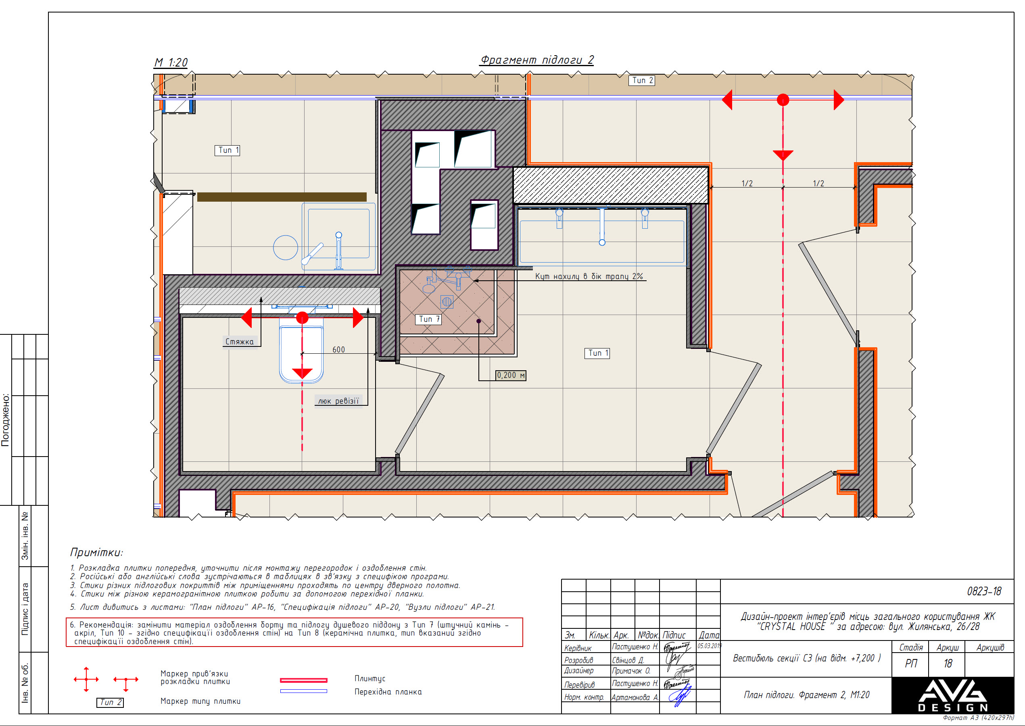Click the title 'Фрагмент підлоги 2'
tap(537, 60)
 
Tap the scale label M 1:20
tap(171, 63)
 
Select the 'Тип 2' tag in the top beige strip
tap(642, 81)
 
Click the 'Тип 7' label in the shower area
tap(429, 319)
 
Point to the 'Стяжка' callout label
tap(239, 342)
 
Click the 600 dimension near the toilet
tap(338, 350)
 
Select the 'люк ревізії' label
tap(338, 401)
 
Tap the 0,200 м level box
tap(511, 375)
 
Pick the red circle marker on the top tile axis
tap(782, 100)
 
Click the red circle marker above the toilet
tap(302, 318)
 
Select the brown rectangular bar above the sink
tap(282, 197)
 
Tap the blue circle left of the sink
tap(285, 247)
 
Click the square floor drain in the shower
tap(447, 302)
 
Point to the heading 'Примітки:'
tap(96, 553)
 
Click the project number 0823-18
tap(983, 591)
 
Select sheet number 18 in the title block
tap(947, 663)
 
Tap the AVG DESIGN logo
tap(952, 695)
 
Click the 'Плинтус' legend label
tap(370, 679)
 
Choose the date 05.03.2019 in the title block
tap(709, 646)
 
